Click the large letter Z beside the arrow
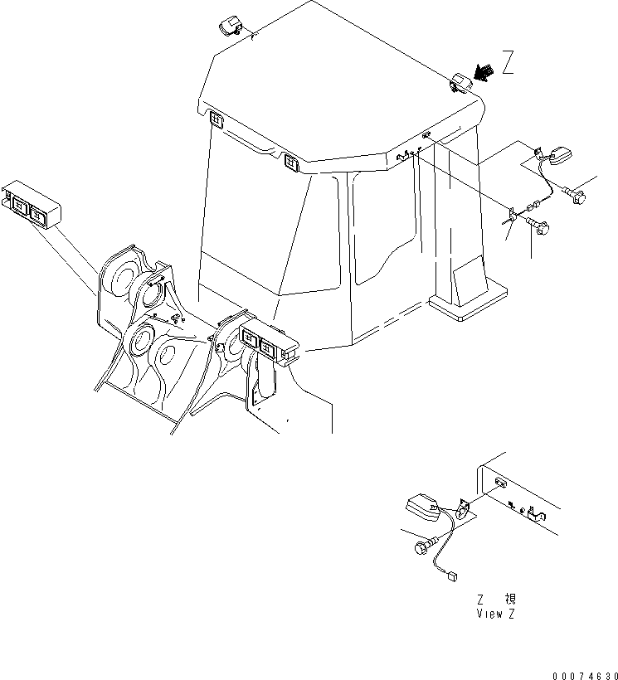pos(509,62)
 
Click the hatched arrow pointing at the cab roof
pos(484,72)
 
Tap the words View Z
pos(496,614)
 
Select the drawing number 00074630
pos(585,676)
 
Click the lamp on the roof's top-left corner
pos(230,26)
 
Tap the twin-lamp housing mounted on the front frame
pos(269,342)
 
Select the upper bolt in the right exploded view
pos(575,195)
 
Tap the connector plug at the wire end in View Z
pos(451,576)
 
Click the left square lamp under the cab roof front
pos(216,119)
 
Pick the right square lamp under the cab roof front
pos(291,163)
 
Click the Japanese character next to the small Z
pos(510,599)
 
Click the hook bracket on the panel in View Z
pos(537,515)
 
